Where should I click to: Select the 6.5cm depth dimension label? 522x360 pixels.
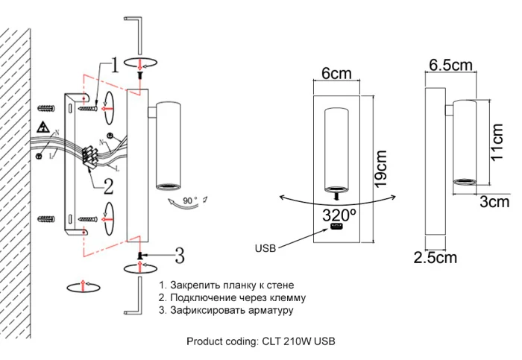pos(450,66)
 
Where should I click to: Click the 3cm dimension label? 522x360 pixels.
pos(493,201)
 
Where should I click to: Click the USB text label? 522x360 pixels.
pos(265,248)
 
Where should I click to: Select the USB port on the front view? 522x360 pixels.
pos(335,227)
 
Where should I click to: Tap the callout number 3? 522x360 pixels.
pos(179,256)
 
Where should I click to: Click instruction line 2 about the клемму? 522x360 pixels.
pos(232,297)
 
